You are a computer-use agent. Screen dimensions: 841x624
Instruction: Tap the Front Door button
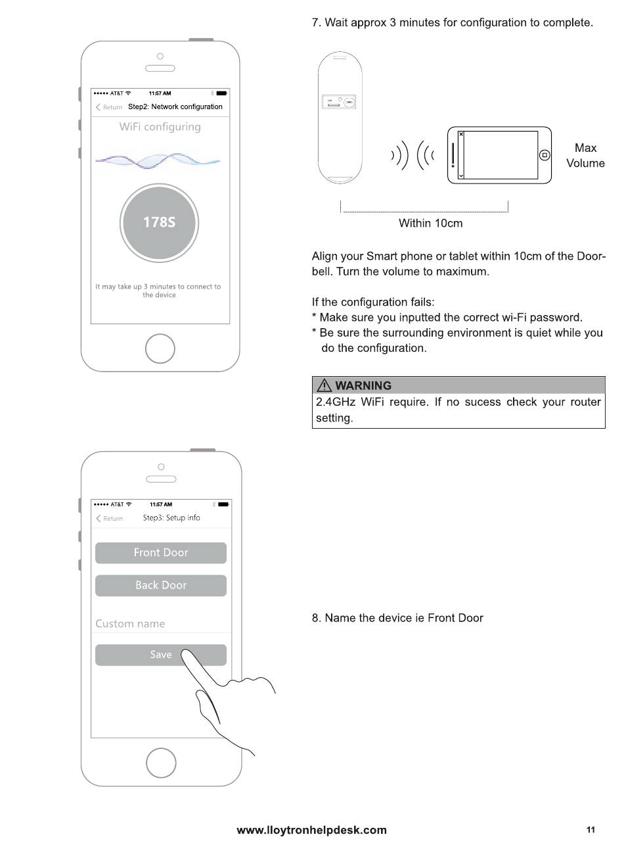click(160, 553)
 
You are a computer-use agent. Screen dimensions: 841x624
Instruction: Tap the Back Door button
click(160, 585)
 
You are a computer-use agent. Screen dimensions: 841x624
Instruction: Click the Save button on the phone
click(160, 655)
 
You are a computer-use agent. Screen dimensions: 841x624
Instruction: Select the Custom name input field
click(160, 623)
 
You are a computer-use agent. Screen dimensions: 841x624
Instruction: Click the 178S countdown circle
click(159, 222)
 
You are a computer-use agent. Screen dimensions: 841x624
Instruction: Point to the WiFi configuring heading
click(160, 127)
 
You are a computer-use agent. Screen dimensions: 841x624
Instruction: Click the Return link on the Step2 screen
click(109, 107)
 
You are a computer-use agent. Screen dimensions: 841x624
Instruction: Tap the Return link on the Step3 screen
click(110, 518)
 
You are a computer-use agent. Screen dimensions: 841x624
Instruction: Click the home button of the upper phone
click(160, 348)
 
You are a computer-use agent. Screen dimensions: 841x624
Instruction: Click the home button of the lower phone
click(161, 762)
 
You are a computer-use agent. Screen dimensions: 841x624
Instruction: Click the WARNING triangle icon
click(324, 386)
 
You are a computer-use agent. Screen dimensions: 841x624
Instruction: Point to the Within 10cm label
click(430, 224)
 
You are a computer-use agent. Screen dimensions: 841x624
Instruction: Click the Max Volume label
click(585, 156)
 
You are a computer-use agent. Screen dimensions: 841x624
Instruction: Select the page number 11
click(591, 829)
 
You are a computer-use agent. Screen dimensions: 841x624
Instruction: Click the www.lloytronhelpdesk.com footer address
click(311, 830)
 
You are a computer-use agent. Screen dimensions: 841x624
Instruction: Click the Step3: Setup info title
click(171, 518)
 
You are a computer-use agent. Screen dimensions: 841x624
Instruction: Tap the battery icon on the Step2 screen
click(221, 93)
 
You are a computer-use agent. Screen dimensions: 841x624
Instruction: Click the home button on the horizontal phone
click(544, 155)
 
